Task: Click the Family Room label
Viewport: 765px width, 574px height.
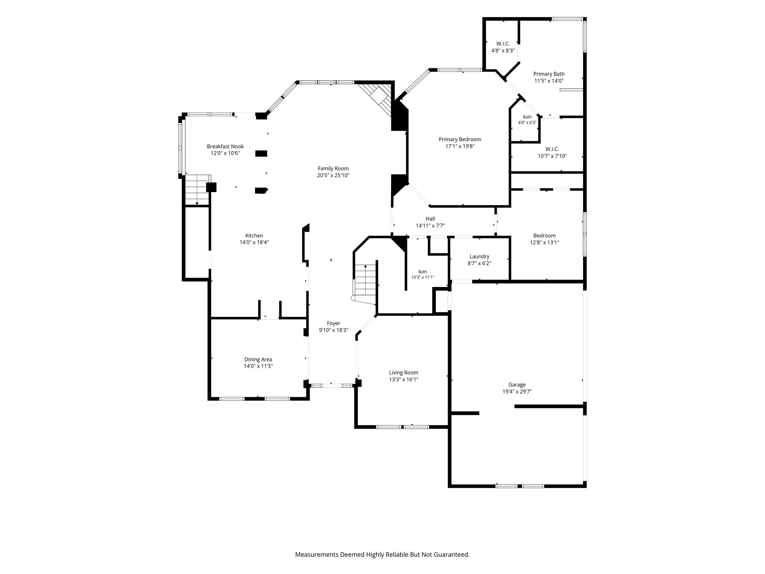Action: coord(333,169)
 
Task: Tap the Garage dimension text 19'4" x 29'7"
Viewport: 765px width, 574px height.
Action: coord(517,392)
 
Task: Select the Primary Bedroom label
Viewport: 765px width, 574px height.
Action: coord(460,139)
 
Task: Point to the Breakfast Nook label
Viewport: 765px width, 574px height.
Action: coord(225,146)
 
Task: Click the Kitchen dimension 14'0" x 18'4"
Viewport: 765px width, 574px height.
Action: coord(254,242)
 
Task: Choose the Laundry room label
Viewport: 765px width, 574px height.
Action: coord(479,257)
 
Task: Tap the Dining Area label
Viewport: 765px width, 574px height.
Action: coord(258,359)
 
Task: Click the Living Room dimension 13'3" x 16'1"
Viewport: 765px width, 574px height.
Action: coord(403,379)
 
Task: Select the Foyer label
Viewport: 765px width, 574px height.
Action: coord(334,324)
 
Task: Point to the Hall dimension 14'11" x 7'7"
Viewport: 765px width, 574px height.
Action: coord(430,225)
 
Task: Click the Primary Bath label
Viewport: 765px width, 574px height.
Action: coord(549,74)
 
